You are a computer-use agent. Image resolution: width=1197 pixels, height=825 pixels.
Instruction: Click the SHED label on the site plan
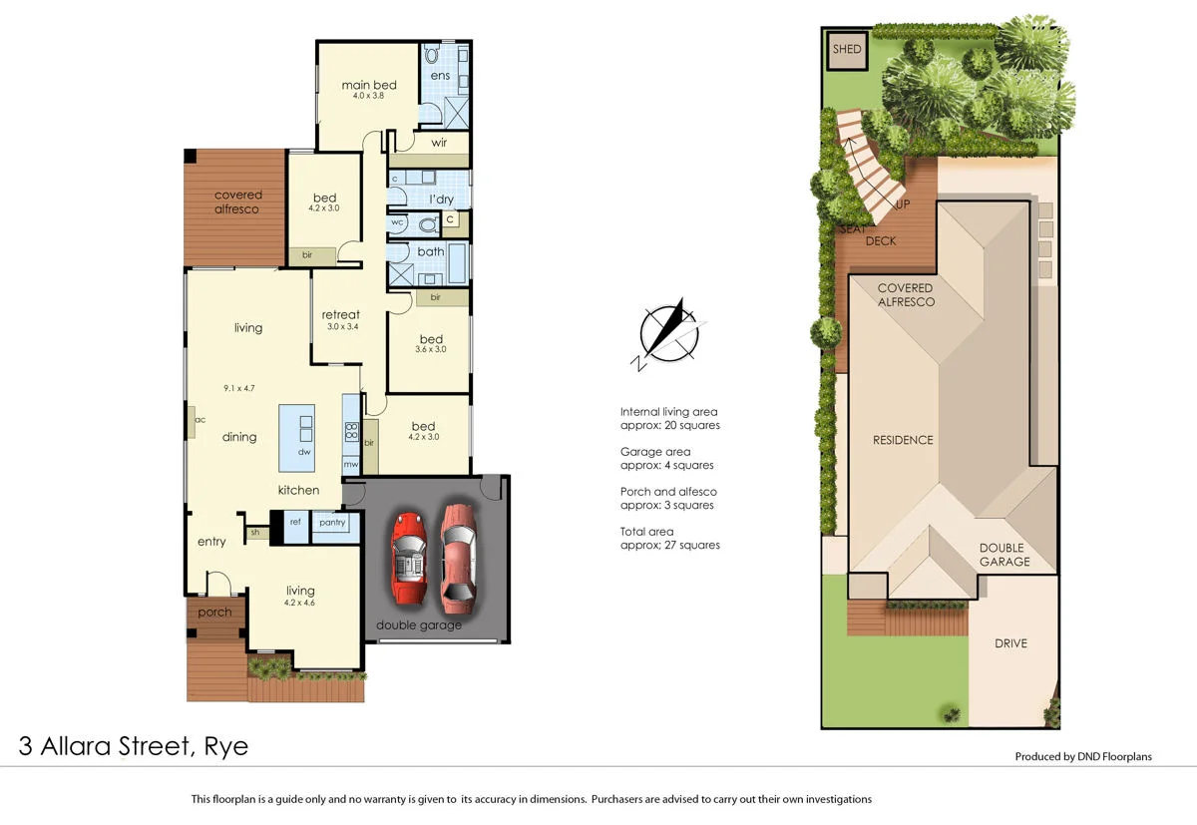[x=847, y=49]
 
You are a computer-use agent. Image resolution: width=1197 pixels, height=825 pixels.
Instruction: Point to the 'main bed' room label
[x=369, y=85]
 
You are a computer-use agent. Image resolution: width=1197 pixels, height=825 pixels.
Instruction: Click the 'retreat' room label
[x=340, y=315]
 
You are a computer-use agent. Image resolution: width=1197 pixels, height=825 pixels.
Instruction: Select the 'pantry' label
[x=331, y=522]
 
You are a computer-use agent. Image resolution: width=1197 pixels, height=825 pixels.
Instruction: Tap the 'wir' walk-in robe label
[x=439, y=143]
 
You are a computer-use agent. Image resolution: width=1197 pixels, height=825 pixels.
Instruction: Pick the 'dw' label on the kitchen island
[x=304, y=452]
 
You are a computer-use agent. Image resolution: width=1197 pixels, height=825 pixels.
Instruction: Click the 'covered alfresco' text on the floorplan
[x=237, y=202]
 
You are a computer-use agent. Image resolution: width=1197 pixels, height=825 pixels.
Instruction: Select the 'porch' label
[x=214, y=613]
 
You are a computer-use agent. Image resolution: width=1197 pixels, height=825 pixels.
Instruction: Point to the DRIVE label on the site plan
[x=1009, y=642]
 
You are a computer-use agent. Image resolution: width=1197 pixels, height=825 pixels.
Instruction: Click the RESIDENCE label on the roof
[x=903, y=440]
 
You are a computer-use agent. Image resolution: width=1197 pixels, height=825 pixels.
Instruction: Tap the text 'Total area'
[x=647, y=532]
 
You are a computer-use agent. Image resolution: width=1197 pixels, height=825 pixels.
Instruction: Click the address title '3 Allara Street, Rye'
[x=134, y=746]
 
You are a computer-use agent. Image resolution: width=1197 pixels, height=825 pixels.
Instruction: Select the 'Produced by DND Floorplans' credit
[x=1082, y=756]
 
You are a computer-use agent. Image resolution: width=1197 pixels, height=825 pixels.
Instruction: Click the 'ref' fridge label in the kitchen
[x=295, y=521]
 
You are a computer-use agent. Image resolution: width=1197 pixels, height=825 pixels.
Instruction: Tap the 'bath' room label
[x=431, y=251]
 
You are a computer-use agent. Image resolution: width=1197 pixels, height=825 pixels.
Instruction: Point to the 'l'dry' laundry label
[x=441, y=200]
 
